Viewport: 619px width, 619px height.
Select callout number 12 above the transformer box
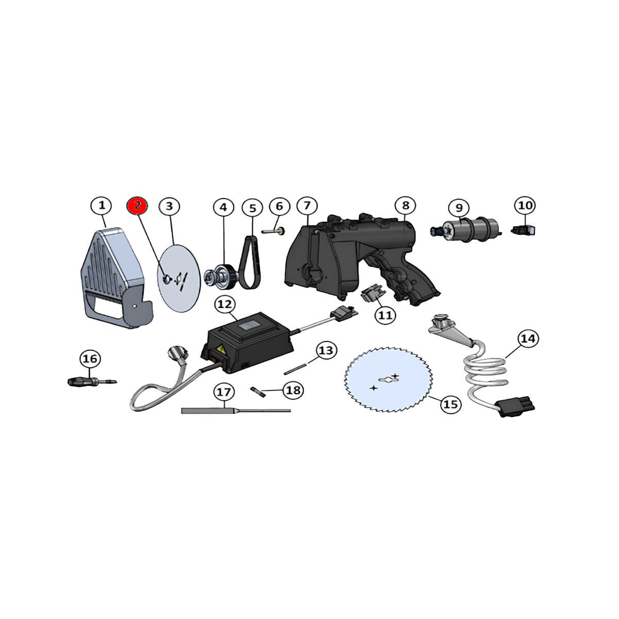[x=224, y=304]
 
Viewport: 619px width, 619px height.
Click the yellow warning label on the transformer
[x=221, y=349]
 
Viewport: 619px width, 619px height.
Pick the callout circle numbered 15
[x=450, y=404]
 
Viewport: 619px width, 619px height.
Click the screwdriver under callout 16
[x=92, y=382]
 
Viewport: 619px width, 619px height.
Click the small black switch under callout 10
[x=523, y=230]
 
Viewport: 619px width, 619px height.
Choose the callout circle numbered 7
[x=307, y=206]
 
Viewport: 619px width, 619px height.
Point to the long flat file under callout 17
[x=236, y=411]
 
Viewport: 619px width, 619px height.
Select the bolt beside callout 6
[x=273, y=231]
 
